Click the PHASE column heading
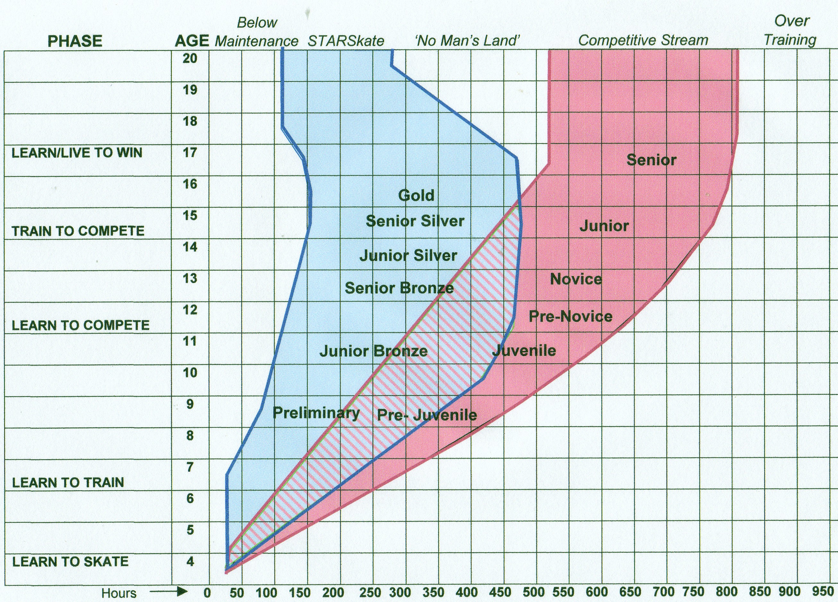pyautogui.click(x=75, y=41)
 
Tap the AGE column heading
pyautogui.click(x=192, y=41)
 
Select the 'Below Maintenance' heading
pyautogui.click(x=257, y=32)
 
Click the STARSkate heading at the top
pyautogui.click(x=346, y=41)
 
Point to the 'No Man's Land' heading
pyautogui.click(x=467, y=40)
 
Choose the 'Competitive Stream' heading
pyautogui.click(x=643, y=40)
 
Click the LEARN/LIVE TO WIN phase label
pyautogui.click(x=77, y=153)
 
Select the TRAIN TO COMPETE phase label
pyautogui.click(x=78, y=231)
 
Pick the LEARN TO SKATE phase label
pyautogui.click(x=70, y=562)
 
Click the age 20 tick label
pyautogui.click(x=190, y=58)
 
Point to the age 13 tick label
pyautogui.click(x=190, y=278)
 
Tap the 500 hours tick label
pyautogui.click(x=533, y=592)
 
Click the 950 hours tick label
pyautogui.click(x=823, y=591)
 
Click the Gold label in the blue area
pyautogui.click(x=416, y=195)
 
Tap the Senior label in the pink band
pyautogui.click(x=651, y=160)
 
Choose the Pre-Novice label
pyautogui.click(x=570, y=316)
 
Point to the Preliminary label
pyautogui.click(x=316, y=412)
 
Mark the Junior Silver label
pyautogui.click(x=408, y=255)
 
